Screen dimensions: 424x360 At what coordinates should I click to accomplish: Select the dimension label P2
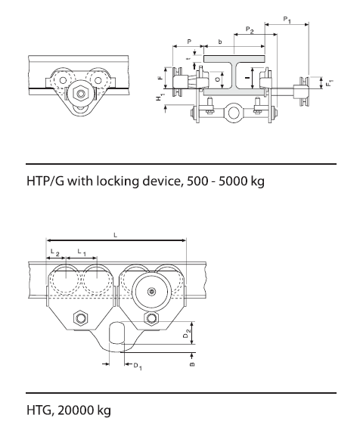249,31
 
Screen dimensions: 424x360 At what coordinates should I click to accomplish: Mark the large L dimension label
115,237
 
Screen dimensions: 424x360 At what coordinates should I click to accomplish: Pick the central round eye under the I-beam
234,114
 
